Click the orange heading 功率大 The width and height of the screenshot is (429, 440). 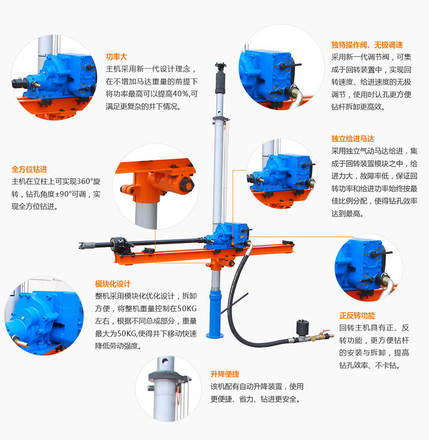coord(116,57)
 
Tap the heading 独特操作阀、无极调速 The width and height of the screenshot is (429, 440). coord(367,45)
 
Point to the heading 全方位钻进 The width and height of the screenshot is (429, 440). coord(29,169)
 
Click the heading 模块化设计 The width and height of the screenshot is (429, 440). coord(113,284)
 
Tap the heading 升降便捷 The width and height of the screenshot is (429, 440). coord(225,374)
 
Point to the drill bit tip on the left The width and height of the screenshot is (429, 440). coord(83,245)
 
